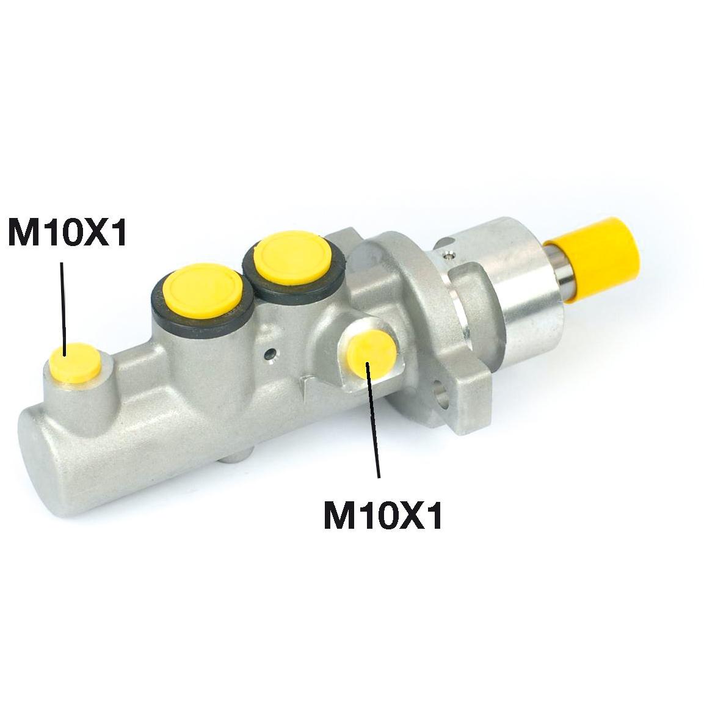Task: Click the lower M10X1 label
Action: (383, 516)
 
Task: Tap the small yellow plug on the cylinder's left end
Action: (75, 362)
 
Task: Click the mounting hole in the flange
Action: (441, 393)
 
